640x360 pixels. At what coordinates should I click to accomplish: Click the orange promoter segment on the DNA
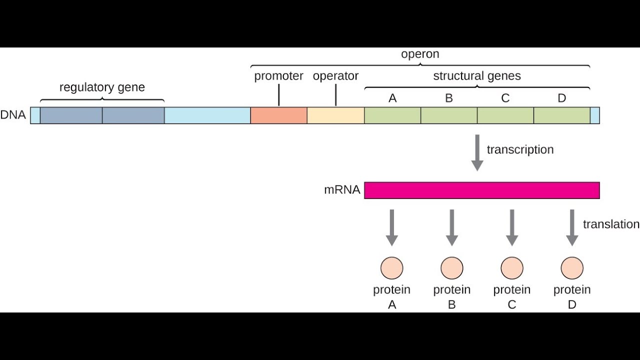tap(278, 115)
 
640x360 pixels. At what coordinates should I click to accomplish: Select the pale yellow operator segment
tap(335, 115)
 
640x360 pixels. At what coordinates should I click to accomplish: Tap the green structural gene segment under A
tap(392, 115)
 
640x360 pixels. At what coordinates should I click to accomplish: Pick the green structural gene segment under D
tap(561, 115)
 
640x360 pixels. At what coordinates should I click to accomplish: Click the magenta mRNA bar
tap(481, 190)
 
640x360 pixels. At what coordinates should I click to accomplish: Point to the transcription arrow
tap(477, 152)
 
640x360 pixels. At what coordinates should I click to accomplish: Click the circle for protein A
tap(391, 268)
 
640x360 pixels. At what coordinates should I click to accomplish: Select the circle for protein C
tap(511, 268)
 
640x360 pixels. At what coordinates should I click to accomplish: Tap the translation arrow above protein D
tap(571, 227)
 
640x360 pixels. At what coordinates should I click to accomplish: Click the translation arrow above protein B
tap(451, 227)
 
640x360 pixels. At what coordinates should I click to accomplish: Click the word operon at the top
tap(420, 54)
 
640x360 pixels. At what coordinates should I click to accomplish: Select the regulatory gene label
tap(102, 87)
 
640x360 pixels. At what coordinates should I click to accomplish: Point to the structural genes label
tap(476, 76)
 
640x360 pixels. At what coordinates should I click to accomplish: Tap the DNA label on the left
tap(13, 115)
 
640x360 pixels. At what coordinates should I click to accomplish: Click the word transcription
tap(520, 150)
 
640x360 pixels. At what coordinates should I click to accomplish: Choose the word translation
tap(611, 224)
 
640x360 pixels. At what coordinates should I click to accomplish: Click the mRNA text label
tap(342, 190)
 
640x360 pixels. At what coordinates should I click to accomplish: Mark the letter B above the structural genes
tap(448, 98)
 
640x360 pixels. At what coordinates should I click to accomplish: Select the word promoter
tap(278, 76)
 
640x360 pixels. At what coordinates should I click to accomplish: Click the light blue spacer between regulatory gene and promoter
tap(207, 115)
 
